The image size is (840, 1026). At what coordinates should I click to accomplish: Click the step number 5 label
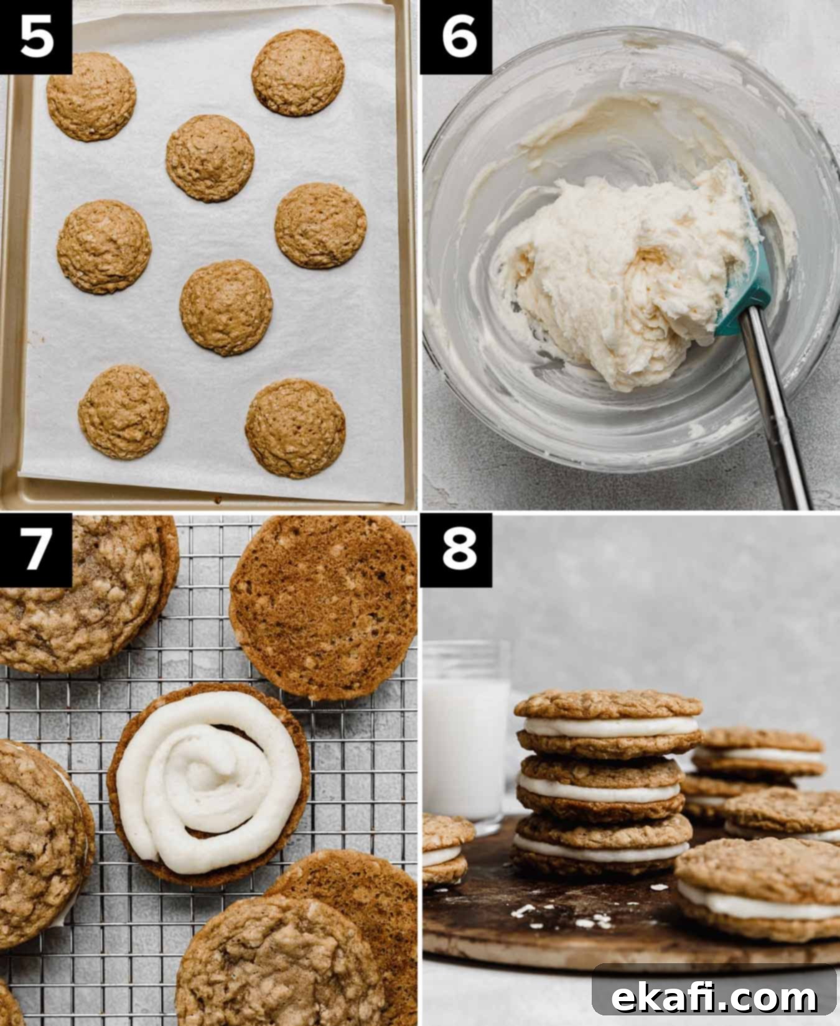[35, 36]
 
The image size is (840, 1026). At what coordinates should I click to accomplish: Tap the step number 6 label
[459, 36]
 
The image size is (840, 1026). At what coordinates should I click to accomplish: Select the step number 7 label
[35, 550]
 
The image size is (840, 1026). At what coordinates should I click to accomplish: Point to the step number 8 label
[459, 550]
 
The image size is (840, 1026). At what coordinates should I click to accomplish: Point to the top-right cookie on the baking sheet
[298, 73]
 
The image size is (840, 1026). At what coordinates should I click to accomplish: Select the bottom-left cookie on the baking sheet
[124, 412]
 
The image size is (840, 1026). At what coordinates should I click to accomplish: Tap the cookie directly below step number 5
[91, 96]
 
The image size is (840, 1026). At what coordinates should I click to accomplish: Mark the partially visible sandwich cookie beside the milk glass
[445, 849]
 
